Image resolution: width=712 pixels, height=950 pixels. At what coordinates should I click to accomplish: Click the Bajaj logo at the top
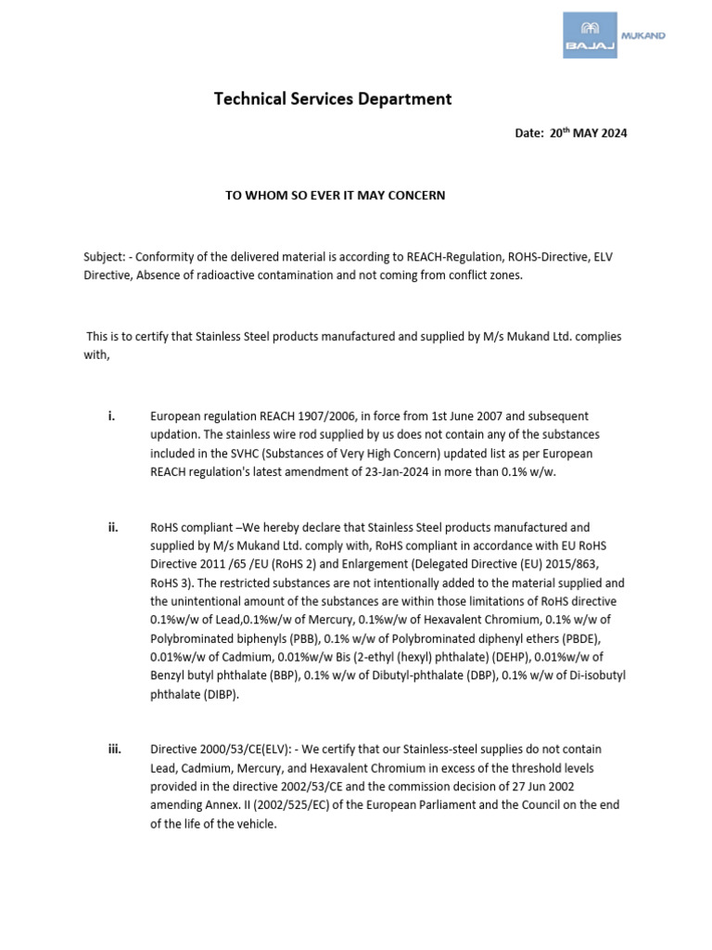590,36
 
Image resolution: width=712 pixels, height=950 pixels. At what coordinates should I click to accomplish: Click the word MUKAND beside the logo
647,35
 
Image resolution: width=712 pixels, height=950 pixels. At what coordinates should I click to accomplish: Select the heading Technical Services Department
333,98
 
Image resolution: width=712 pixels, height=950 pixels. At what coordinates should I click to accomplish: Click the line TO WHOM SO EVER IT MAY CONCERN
336,196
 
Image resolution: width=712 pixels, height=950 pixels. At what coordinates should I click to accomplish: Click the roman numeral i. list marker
111,417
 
